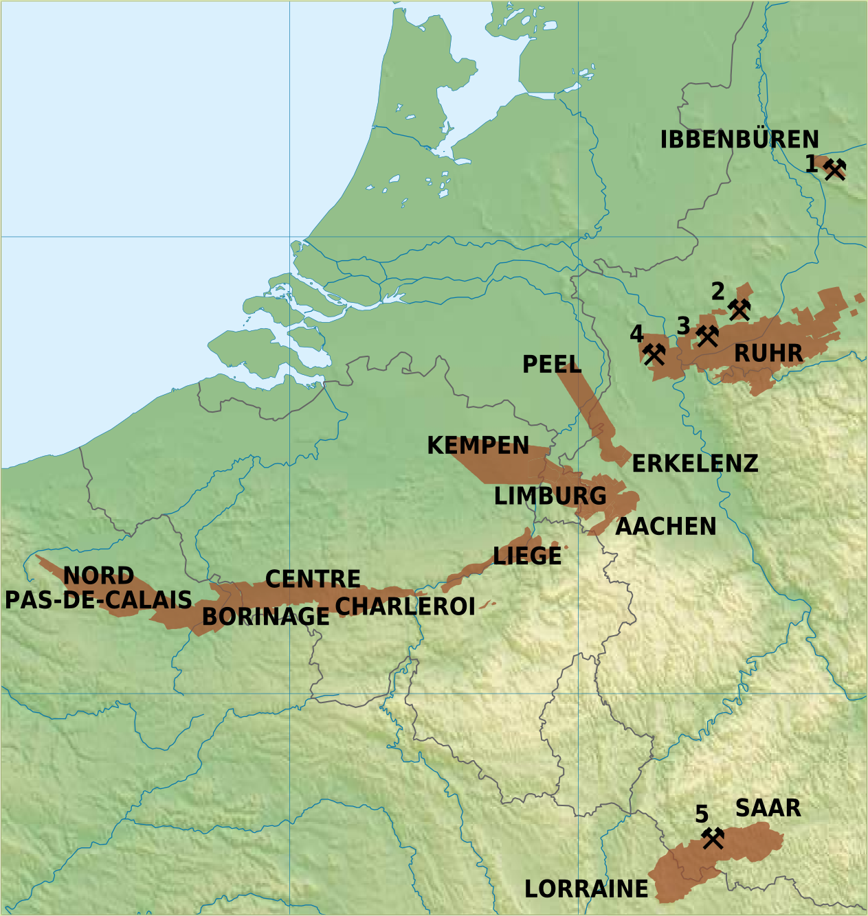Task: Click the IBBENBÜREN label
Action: click(x=739, y=140)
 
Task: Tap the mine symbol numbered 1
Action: click(x=834, y=168)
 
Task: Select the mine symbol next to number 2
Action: click(x=739, y=310)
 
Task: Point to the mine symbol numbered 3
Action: click(x=707, y=336)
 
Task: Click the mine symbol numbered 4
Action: click(x=654, y=354)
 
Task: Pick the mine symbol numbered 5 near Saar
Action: click(x=713, y=838)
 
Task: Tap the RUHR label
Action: click(x=768, y=354)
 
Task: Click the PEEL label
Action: click(x=552, y=365)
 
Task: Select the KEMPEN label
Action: click(x=478, y=446)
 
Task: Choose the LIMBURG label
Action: click(x=550, y=496)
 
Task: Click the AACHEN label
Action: click(x=665, y=527)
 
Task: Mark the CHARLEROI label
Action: click(x=405, y=606)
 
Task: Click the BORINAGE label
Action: click(x=265, y=617)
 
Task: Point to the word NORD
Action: click(x=98, y=575)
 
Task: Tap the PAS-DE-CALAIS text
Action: click(x=98, y=600)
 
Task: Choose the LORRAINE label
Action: click(x=586, y=889)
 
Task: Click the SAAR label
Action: click(x=768, y=808)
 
